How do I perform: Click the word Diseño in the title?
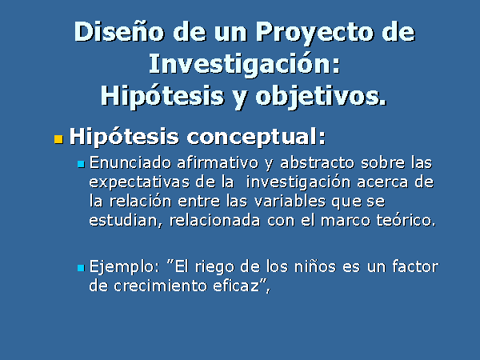(x=119, y=31)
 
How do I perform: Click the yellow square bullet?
(x=58, y=139)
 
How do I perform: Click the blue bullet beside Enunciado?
(x=81, y=164)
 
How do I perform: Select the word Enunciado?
(x=130, y=162)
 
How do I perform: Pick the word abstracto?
(x=317, y=162)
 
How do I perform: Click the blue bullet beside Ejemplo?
(x=81, y=268)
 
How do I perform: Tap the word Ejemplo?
(x=122, y=267)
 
